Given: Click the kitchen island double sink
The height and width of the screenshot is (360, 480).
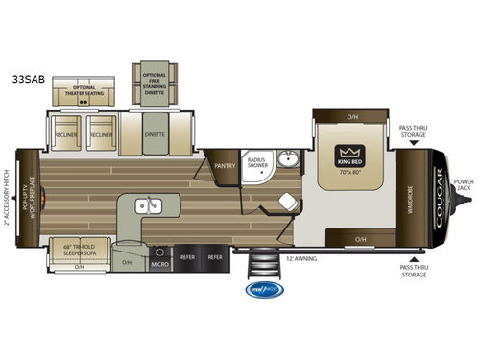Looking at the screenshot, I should pos(146,205).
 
